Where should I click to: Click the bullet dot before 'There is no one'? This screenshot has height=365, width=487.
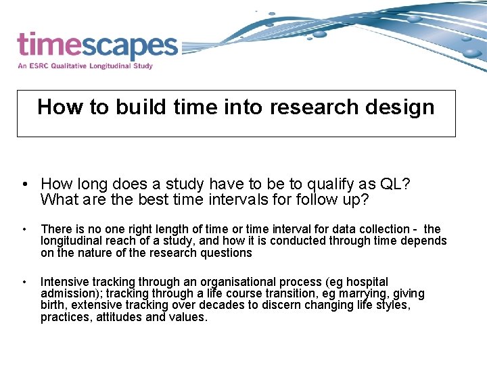(24, 230)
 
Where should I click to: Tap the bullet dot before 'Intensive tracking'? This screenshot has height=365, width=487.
(24, 282)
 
